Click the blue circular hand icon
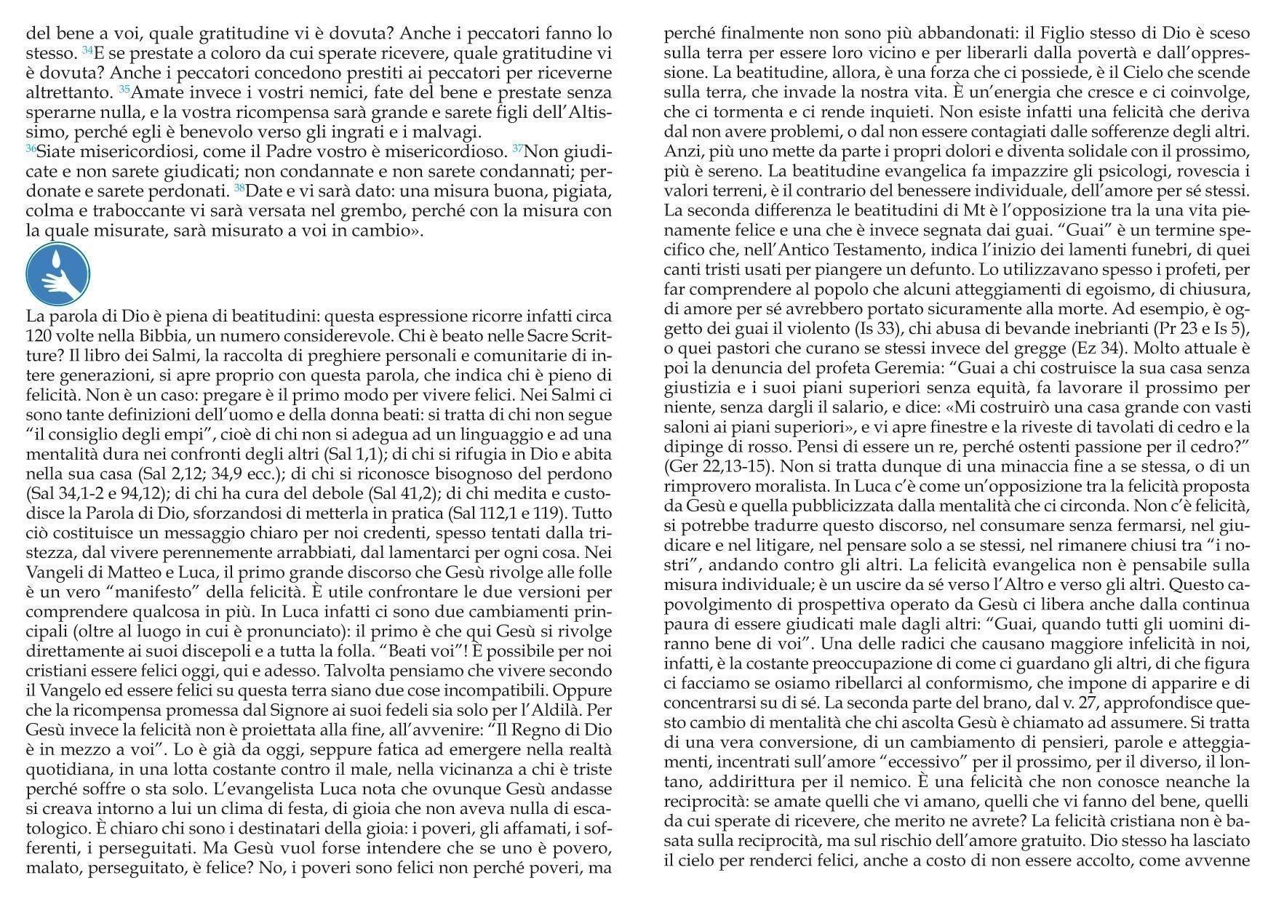click(x=57, y=274)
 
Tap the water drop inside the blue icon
click(x=57, y=260)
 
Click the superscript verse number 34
click(x=87, y=50)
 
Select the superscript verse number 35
click(x=124, y=89)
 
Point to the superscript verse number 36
click(x=31, y=148)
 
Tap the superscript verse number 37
click(x=517, y=148)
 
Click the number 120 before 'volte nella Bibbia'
click(x=38, y=337)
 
